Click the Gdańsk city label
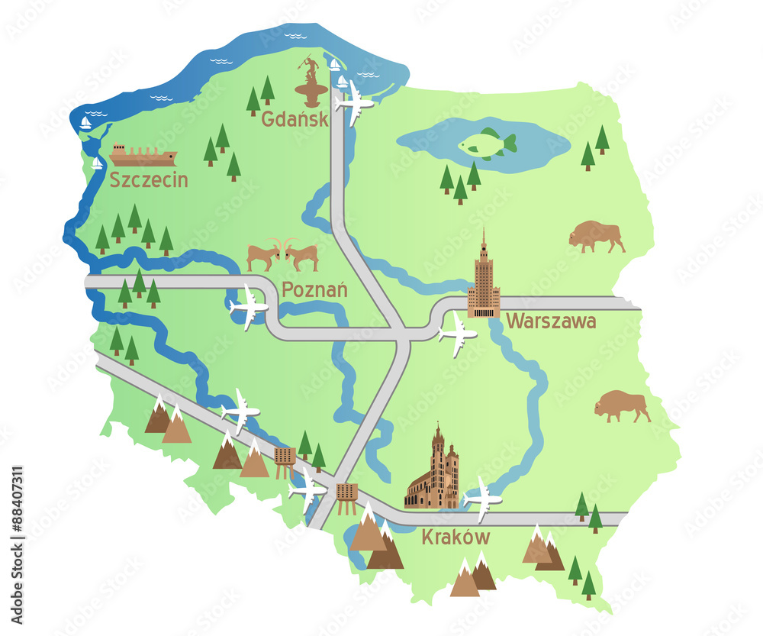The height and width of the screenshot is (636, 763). (295, 119)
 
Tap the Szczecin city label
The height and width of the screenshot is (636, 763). (148, 180)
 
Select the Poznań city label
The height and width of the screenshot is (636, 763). (314, 290)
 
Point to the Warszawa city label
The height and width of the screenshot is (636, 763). (551, 321)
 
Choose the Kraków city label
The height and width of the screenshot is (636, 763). (456, 538)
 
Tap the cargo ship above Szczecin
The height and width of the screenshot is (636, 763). (143, 155)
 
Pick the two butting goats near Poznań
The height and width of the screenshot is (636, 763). (282, 255)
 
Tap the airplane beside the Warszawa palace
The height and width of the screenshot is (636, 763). (457, 333)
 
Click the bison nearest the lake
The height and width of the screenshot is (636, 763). (596, 236)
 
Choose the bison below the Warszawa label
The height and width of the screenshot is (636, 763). (622, 405)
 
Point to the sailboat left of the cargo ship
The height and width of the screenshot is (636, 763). (97, 163)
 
